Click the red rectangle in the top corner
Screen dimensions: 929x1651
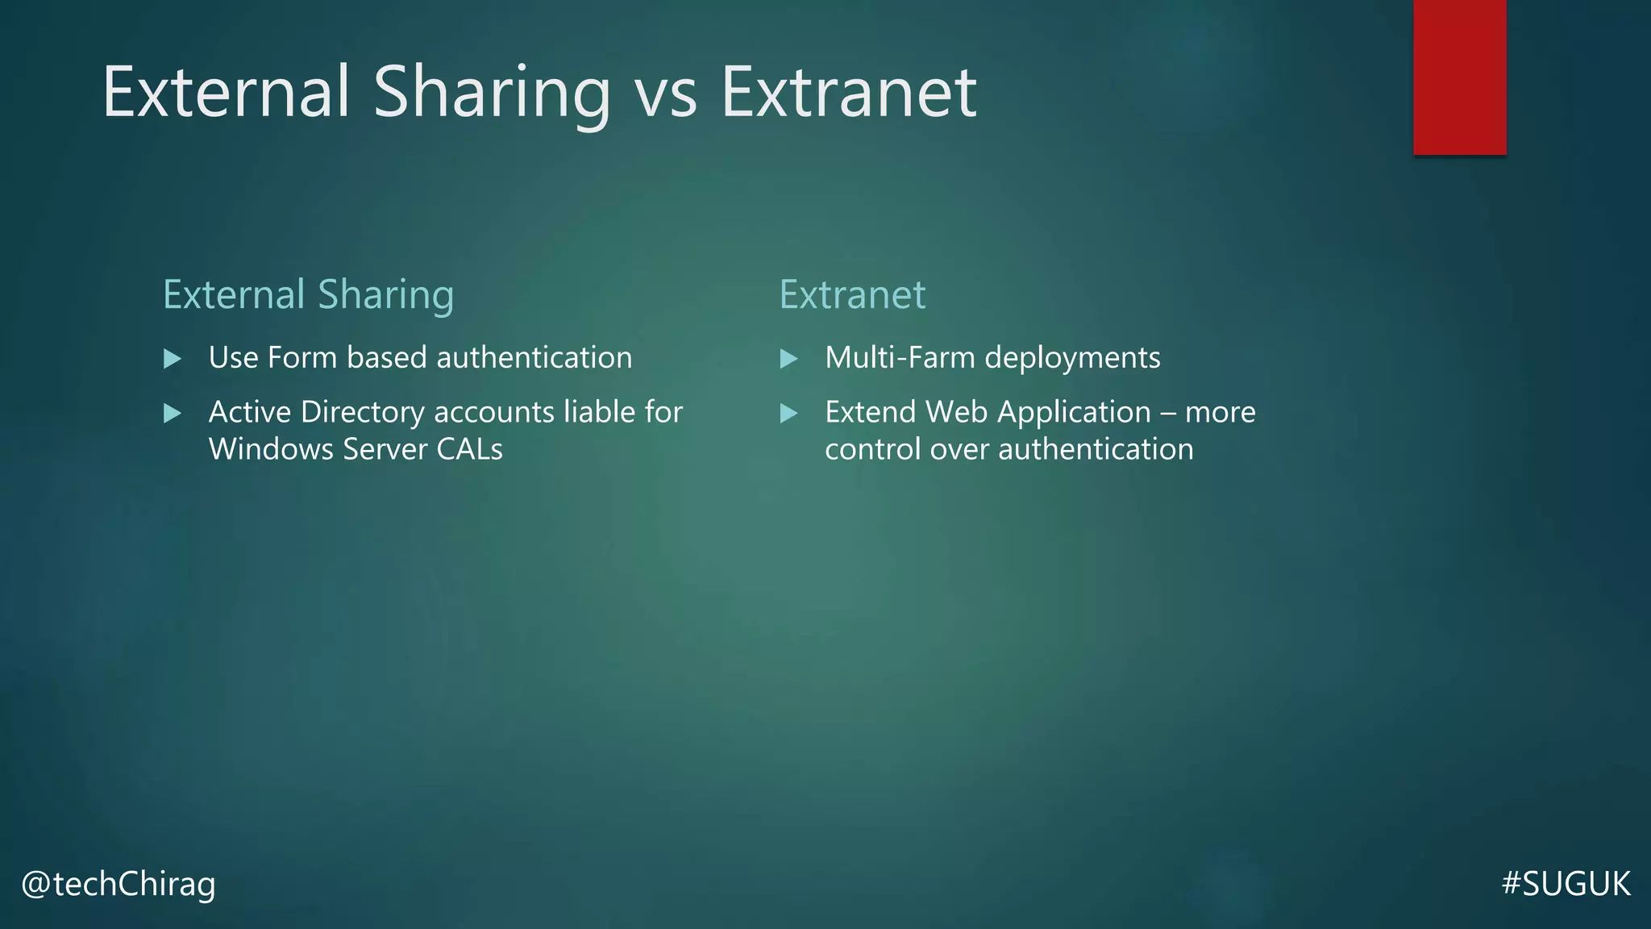point(1459,77)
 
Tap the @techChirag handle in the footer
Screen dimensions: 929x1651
point(119,884)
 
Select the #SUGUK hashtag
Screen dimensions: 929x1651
point(1566,884)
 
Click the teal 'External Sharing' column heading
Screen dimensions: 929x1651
point(308,295)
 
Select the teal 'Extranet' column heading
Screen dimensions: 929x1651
point(852,295)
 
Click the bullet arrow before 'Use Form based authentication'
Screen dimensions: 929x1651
point(172,358)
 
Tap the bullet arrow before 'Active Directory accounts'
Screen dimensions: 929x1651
point(172,413)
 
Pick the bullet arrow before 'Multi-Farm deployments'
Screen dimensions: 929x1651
point(788,358)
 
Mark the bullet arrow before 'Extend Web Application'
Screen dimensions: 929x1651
point(788,413)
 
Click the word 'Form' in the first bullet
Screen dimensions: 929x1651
point(302,357)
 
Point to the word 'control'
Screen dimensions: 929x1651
point(872,449)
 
